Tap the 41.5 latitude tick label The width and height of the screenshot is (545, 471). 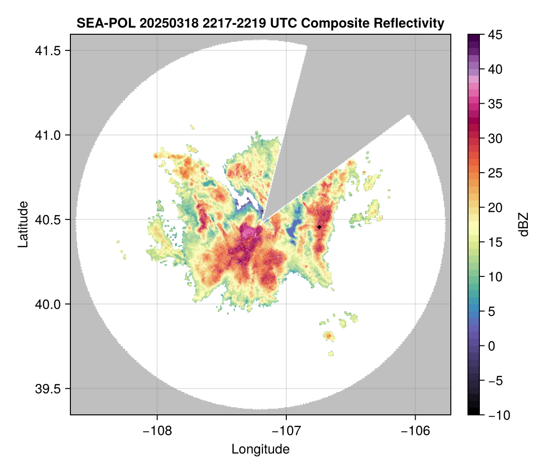[48, 51]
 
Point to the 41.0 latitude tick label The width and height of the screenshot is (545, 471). [48, 135]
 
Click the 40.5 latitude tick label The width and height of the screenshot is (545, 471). [48, 220]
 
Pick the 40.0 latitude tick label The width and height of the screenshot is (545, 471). [48, 304]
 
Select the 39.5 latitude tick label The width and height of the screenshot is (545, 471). [48, 389]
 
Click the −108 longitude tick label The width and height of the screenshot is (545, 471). [157, 431]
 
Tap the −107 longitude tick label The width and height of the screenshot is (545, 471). [286, 431]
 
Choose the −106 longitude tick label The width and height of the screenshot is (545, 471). [416, 431]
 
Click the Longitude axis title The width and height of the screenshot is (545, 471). [260, 450]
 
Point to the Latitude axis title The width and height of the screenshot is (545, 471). [23, 224]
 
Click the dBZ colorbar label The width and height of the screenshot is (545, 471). [524, 225]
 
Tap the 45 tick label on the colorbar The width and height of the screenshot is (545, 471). [495, 35]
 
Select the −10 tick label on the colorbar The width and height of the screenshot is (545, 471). [499, 415]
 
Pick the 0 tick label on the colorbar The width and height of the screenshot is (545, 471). [491, 346]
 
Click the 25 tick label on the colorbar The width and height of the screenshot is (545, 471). [495, 173]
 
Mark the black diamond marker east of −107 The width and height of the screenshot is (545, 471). [319, 227]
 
